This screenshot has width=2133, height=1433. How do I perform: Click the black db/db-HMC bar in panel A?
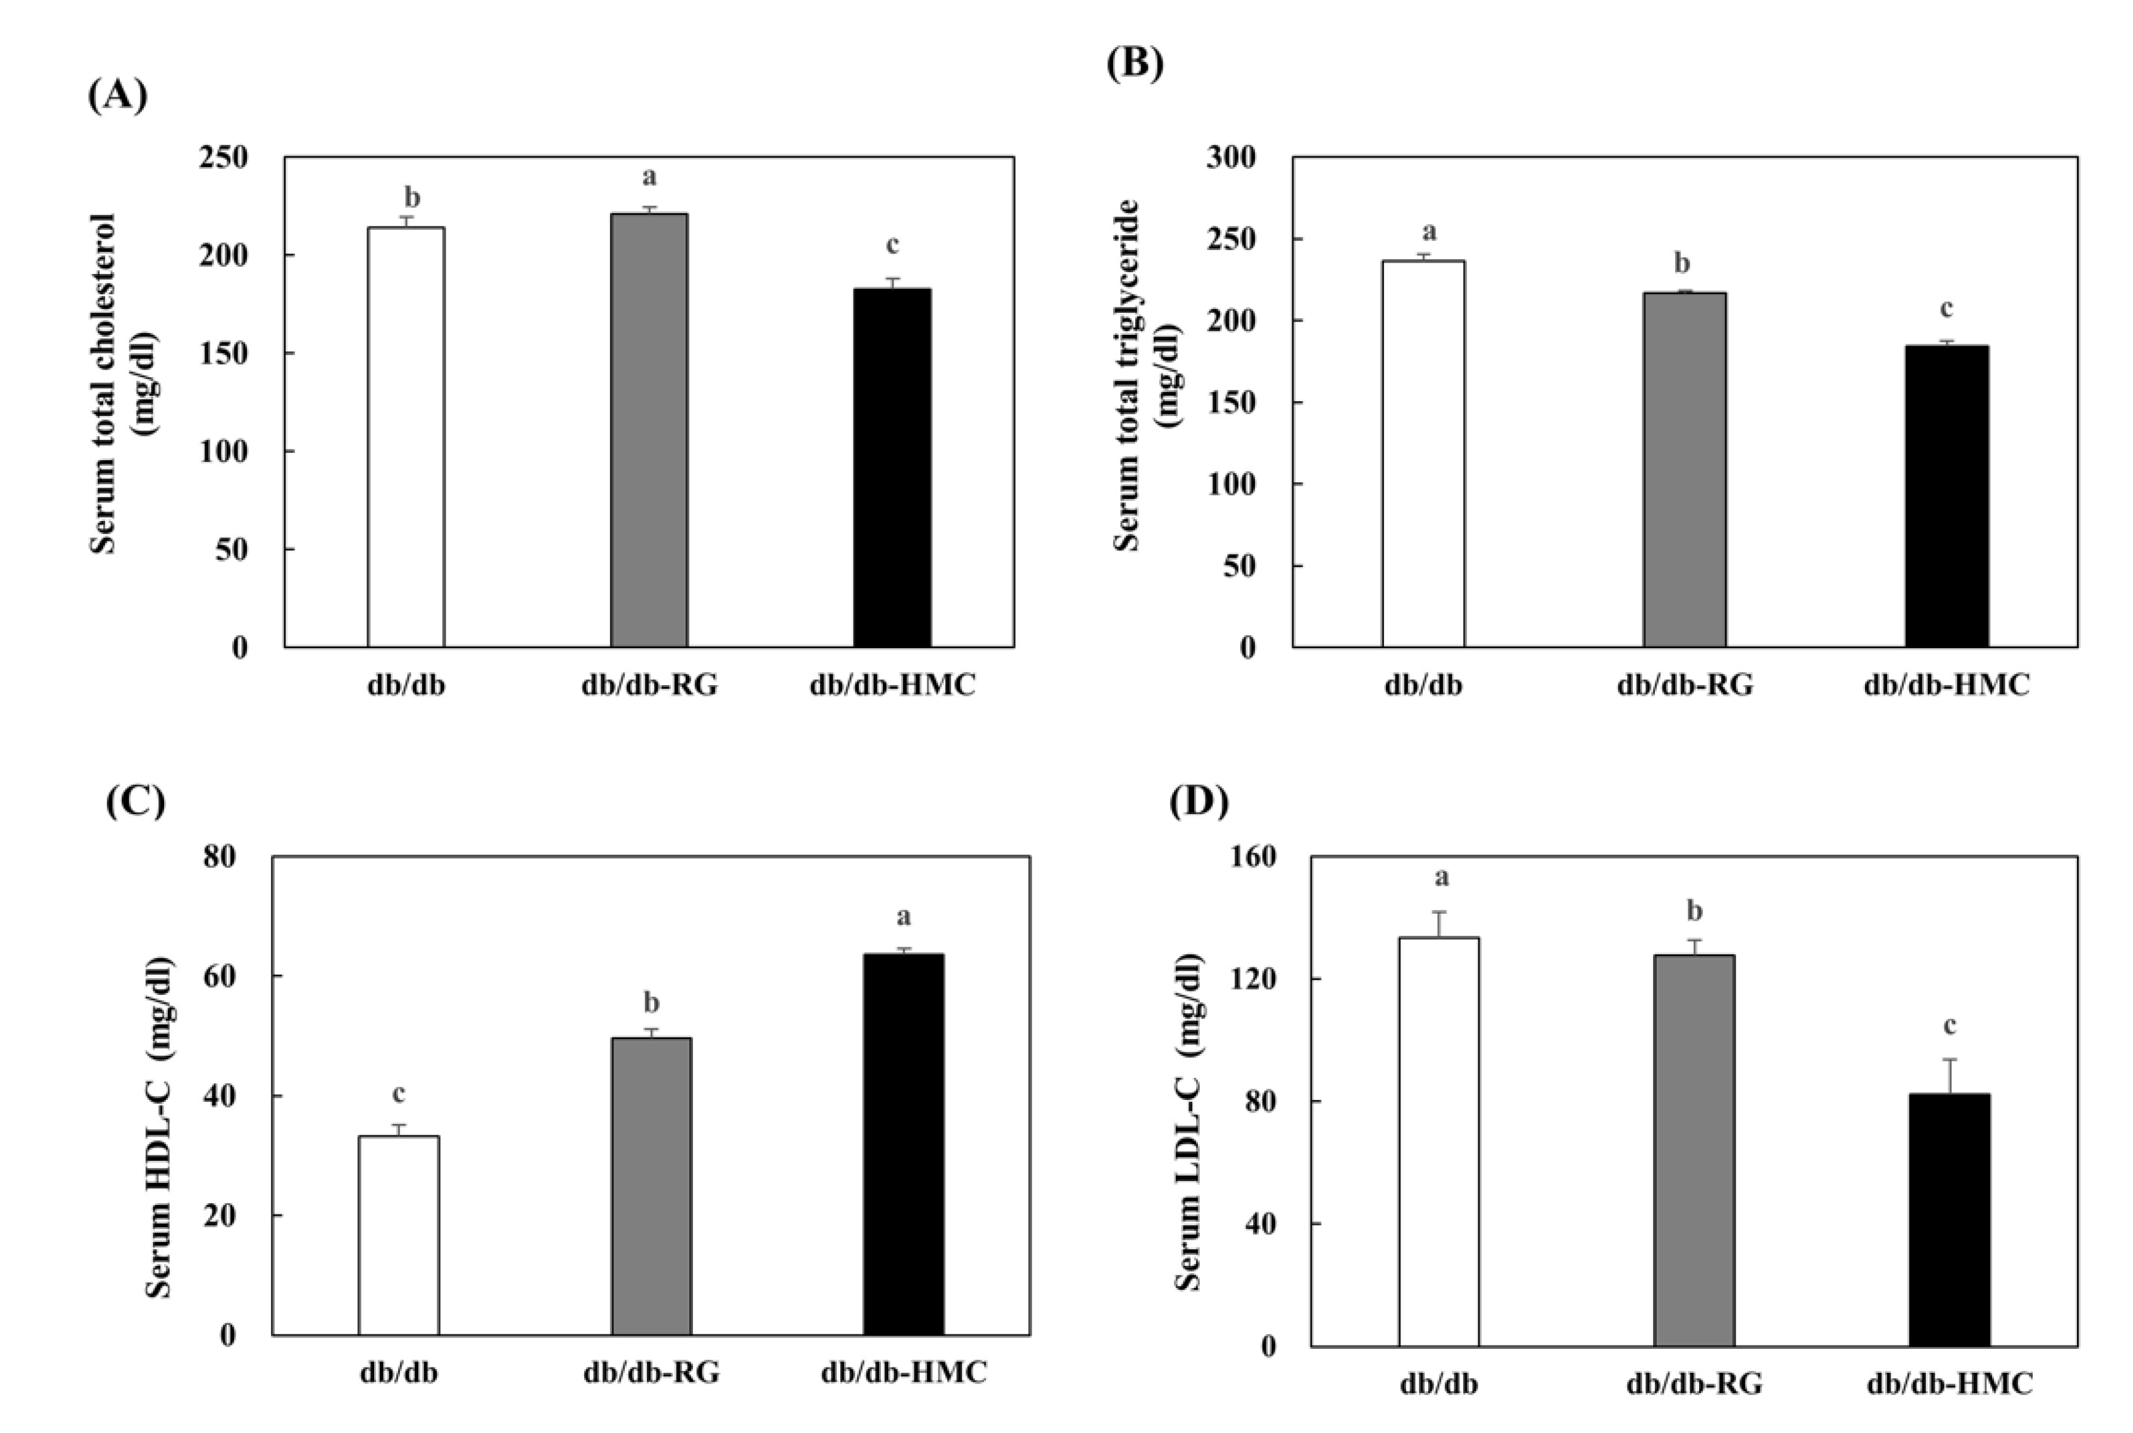pyautogui.click(x=892, y=468)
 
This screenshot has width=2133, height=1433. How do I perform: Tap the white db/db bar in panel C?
pyautogui.click(x=399, y=1235)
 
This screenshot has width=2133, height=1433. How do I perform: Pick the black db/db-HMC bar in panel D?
pyautogui.click(x=1949, y=1219)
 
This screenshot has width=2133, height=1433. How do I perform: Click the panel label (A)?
pyautogui.click(x=117, y=95)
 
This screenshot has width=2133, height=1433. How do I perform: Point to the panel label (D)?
pyautogui.click(x=1198, y=802)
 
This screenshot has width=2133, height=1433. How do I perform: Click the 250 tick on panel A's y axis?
pyautogui.click(x=224, y=157)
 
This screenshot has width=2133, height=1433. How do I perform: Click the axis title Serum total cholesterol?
pyautogui.click(x=103, y=384)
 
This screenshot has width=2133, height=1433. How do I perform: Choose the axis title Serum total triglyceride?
pyautogui.click(x=1127, y=375)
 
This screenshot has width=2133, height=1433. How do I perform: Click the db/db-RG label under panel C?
pyautogui.click(x=651, y=1373)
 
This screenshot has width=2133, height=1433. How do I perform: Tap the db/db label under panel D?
pyautogui.click(x=1438, y=1383)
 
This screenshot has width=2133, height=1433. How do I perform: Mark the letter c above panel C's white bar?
pyautogui.click(x=399, y=1093)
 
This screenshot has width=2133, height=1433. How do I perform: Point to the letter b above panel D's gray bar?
pyautogui.click(x=1693, y=911)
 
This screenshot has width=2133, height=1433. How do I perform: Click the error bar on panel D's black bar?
pyautogui.click(x=1949, y=1075)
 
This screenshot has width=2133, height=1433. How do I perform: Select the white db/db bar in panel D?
pyautogui.click(x=1438, y=1142)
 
